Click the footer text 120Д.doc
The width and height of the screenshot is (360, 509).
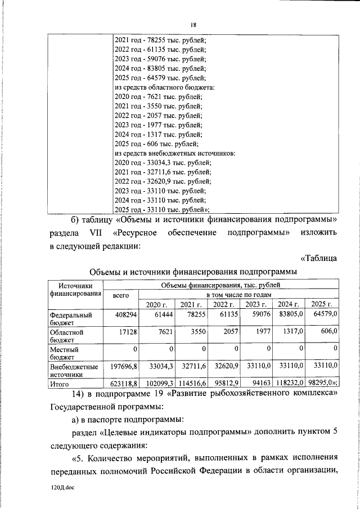point(62,488)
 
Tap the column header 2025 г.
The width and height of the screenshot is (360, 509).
point(322,304)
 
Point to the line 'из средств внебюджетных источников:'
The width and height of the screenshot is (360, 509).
point(174,152)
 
